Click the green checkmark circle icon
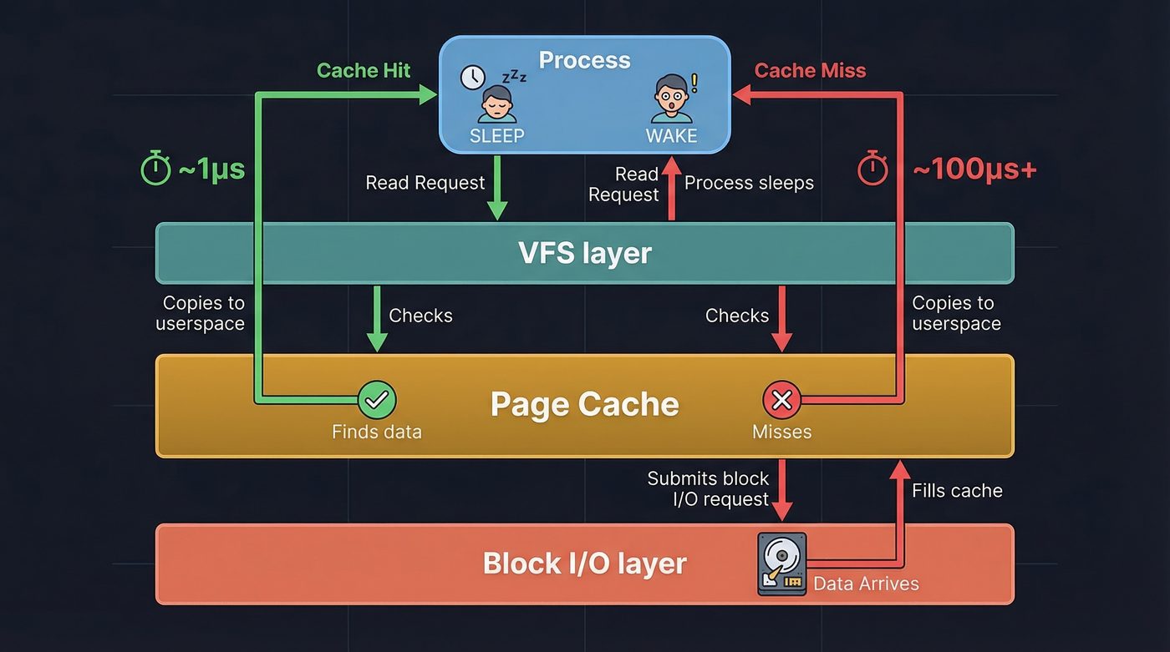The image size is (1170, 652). (377, 401)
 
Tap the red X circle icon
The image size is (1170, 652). (782, 401)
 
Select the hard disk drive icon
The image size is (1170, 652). (781, 564)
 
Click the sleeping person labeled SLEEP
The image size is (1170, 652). (496, 104)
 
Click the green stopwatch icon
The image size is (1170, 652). (155, 169)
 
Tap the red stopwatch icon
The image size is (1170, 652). (873, 169)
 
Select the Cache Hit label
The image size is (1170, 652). (364, 70)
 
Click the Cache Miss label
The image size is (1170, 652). (810, 70)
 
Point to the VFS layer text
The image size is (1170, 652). (584, 253)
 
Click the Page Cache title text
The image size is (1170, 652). (584, 405)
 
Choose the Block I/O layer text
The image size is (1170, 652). (584, 564)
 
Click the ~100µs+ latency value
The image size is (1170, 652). (974, 169)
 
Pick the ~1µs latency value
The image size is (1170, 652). (211, 169)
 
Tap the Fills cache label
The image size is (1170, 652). (957, 491)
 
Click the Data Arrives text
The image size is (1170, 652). (866, 584)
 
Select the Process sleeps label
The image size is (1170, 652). (749, 184)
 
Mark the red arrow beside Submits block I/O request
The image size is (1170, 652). (782, 490)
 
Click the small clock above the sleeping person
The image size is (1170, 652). (472, 78)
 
